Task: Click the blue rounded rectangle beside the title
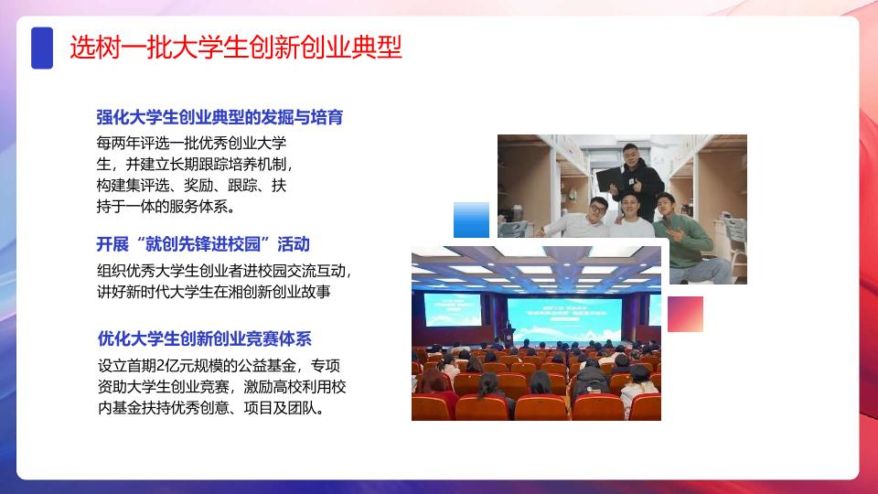(x=42, y=48)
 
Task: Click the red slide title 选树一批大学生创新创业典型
(x=236, y=47)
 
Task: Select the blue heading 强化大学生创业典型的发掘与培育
(x=219, y=118)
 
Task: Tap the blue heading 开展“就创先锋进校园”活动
(x=203, y=244)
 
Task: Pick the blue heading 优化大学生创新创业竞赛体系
(x=204, y=338)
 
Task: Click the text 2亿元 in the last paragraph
(x=170, y=366)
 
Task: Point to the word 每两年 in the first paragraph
(x=118, y=143)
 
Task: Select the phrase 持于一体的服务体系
(x=166, y=207)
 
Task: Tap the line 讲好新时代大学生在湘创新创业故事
(x=214, y=292)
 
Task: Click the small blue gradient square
(x=472, y=220)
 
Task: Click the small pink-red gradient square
(x=685, y=314)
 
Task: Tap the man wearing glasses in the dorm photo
(x=583, y=220)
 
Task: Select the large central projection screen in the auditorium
(x=564, y=320)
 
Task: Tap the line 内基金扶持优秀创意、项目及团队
(x=211, y=408)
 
